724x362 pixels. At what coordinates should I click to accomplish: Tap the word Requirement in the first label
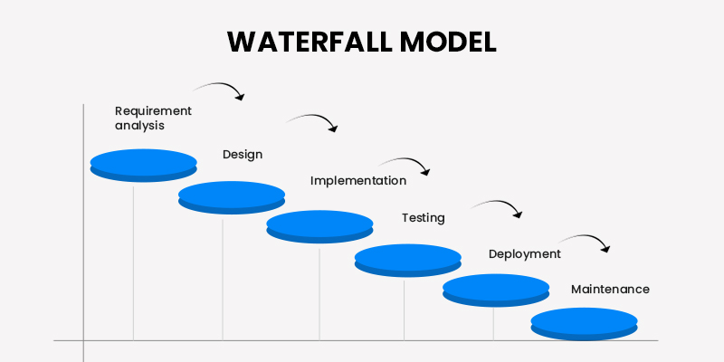click(153, 110)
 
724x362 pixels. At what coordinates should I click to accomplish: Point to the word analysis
click(139, 126)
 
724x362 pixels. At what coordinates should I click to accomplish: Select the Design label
click(243, 154)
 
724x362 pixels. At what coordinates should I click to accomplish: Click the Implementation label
click(358, 180)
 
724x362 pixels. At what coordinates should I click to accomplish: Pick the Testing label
click(423, 217)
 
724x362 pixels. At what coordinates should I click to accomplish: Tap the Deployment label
click(524, 253)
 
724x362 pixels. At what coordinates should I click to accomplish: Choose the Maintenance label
click(610, 289)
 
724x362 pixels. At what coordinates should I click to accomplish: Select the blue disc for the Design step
click(232, 196)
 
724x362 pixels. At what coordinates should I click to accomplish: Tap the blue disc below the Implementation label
click(319, 226)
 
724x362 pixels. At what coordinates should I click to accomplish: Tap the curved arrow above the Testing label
click(499, 205)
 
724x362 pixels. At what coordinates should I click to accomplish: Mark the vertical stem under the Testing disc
click(404, 308)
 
